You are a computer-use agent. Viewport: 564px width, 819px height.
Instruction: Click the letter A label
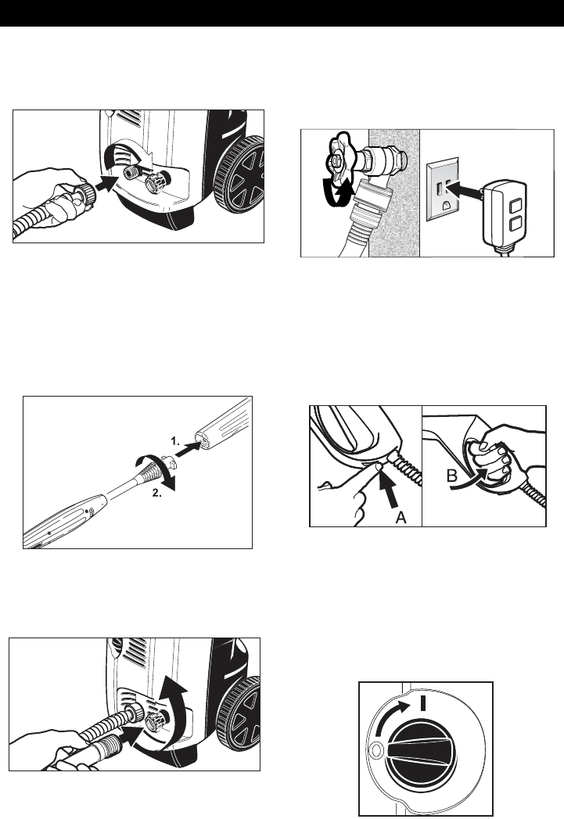click(x=401, y=517)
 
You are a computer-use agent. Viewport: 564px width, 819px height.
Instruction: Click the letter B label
click(x=452, y=477)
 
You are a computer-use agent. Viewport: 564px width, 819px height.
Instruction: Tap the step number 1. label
click(x=174, y=441)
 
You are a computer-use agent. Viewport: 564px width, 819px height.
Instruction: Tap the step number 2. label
click(x=156, y=493)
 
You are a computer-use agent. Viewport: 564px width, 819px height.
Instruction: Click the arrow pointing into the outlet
click(x=462, y=190)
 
